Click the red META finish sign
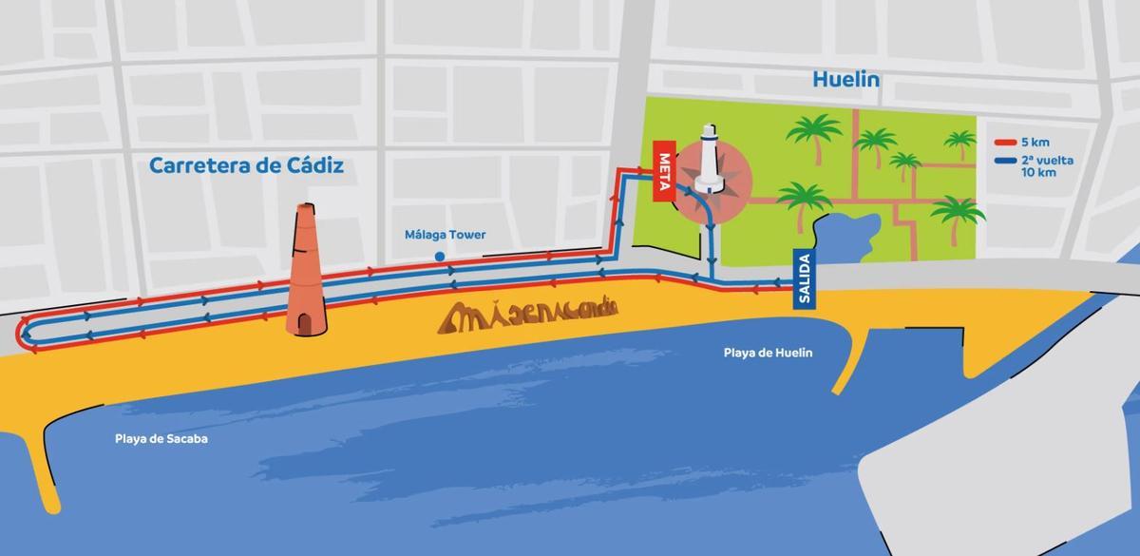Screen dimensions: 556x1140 (x=664, y=173)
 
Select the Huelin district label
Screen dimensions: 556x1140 (x=845, y=80)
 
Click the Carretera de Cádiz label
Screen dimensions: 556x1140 (x=247, y=166)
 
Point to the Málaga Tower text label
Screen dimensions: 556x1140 (x=445, y=235)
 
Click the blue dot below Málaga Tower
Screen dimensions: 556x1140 (x=439, y=257)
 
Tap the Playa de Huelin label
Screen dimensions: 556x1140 (x=768, y=353)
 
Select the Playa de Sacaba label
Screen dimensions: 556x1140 (x=161, y=439)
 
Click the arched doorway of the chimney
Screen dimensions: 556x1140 (x=305, y=323)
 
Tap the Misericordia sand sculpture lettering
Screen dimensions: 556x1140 (x=528, y=315)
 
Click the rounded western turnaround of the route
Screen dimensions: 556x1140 (x=23, y=333)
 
